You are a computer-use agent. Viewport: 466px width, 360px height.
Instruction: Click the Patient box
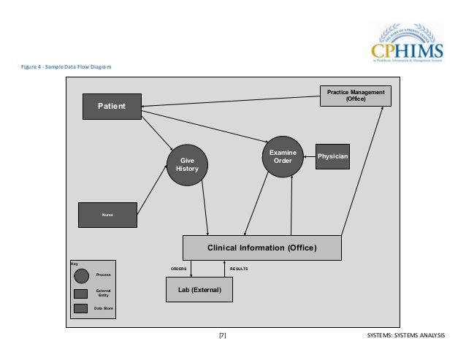[x=111, y=107]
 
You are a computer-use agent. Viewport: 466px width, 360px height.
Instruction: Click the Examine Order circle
[x=281, y=156]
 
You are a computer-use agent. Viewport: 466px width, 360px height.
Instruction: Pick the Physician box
[x=332, y=156]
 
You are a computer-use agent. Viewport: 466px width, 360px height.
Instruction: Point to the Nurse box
[x=108, y=215]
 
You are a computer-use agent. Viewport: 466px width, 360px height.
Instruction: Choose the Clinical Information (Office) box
[x=261, y=248]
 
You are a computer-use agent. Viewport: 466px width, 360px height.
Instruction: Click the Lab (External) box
[x=199, y=290]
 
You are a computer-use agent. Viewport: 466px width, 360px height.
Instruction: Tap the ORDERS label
[x=179, y=269]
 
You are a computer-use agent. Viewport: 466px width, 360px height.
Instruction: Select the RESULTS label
[x=239, y=269]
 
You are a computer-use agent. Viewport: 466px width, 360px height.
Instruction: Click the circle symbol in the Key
[x=81, y=275]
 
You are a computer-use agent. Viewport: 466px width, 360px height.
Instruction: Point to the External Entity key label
[x=103, y=293]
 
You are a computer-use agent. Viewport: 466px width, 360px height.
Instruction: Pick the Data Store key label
[x=103, y=309]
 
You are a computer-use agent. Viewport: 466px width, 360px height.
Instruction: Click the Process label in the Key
[x=103, y=275]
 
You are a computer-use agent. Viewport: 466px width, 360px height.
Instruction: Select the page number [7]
[x=222, y=335]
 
